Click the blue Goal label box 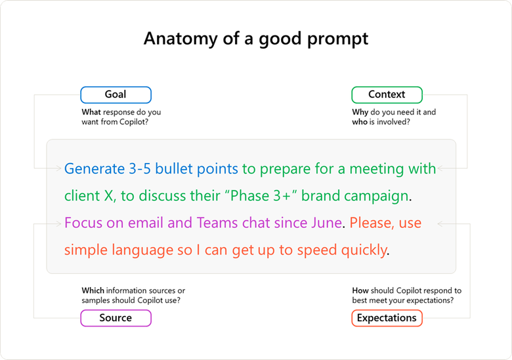116,95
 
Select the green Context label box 387,95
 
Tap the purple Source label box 116,318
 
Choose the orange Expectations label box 387,318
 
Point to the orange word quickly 361,250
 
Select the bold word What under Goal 91,112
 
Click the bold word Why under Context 360,112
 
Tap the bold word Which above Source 93,290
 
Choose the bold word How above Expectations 360,290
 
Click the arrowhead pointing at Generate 59,169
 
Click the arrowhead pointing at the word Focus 59,223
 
